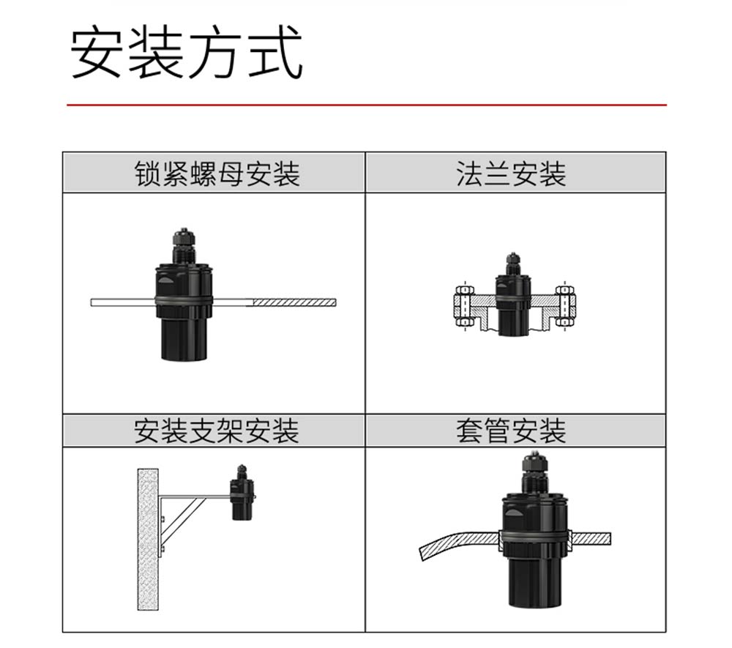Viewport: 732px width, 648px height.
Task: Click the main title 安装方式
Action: click(187, 52)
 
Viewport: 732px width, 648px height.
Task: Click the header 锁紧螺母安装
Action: click(217, 174)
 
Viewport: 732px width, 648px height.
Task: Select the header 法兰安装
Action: click(511, 174)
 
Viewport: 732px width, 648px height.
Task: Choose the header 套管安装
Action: click(511, 431)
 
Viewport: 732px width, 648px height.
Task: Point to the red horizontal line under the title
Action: click(367, 105)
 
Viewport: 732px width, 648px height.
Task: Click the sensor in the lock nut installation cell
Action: click(184, 294)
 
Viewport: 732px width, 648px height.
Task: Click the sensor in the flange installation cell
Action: click(512, 295)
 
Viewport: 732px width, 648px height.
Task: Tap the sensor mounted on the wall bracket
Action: click(242, 493)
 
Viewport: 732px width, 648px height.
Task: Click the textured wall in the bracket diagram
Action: click(148, 539)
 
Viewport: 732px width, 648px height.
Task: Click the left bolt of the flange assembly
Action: click(464, 306)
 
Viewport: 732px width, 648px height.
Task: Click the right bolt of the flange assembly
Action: click(564, 306)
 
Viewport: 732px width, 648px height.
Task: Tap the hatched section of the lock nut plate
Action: click(294, 302)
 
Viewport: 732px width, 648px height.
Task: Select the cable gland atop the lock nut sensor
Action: click(184, 245)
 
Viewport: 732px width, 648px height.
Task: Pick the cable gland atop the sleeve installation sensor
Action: click(535, 472)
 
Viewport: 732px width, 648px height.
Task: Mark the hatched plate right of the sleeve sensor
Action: click(591, 538)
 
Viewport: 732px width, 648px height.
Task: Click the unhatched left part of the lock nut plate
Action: click(123, 302)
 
